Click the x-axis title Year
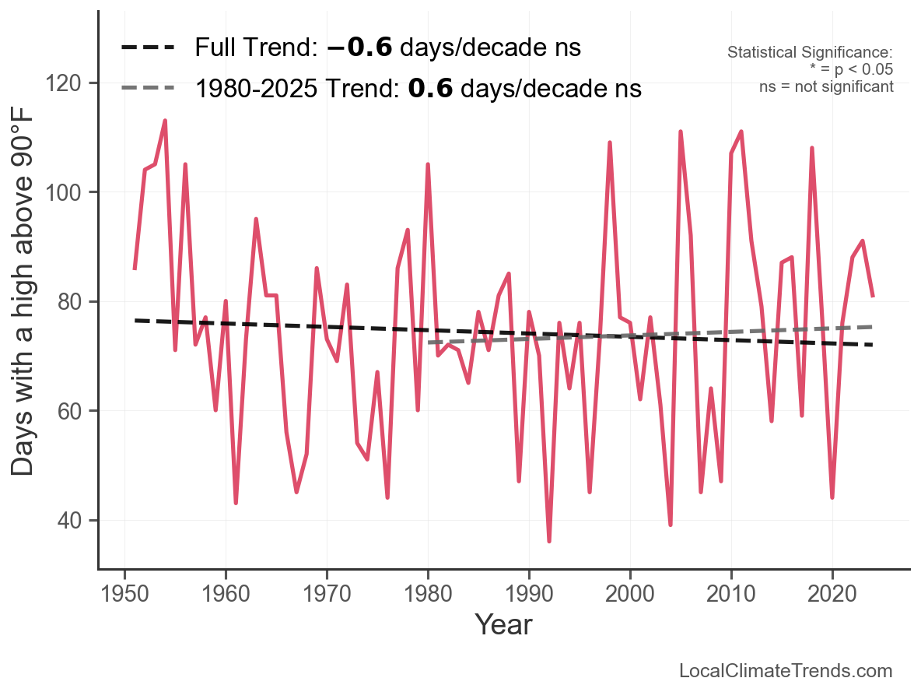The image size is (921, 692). (x=503, y=624)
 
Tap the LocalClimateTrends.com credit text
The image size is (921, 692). (x=786, y=671)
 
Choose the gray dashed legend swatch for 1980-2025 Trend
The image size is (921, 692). (x=148, y=89)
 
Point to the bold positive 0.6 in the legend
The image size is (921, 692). (x=430, y=89)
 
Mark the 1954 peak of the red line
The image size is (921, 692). (x=165, y=121)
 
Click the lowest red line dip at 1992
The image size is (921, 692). (x=549, y=541)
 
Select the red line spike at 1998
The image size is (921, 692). (x=610, y=142)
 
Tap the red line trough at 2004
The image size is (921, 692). (x=671, y=525)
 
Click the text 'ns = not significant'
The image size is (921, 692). (x=826, y=86)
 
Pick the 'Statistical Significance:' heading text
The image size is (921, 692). (x=810, y=52)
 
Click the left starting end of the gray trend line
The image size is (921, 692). (x=429, y=342)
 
